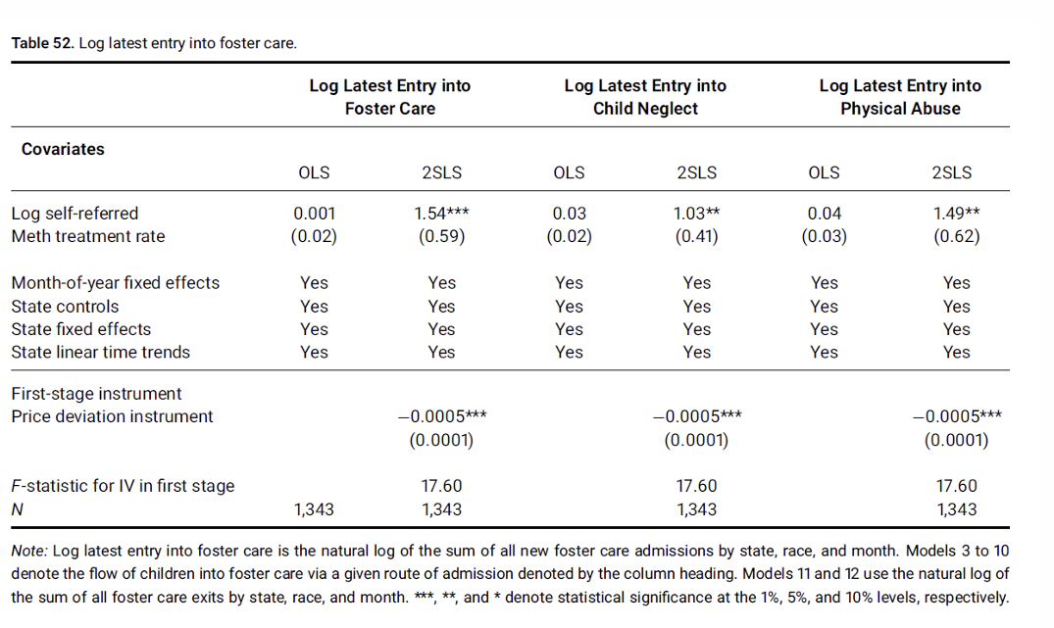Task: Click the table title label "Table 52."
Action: tap(42, 43)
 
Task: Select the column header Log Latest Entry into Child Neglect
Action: tap(645, 97)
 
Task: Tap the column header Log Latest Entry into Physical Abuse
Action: tap(900, 97)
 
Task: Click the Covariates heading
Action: tap(63, 149)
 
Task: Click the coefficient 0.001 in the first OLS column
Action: tap(314, 214)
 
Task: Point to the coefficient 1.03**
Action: tap(696, 214)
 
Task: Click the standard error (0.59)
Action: tap(441, 236)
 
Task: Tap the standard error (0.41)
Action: tap(696, 236)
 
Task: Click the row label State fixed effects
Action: tap(81, 329)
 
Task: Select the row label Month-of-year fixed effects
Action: tap(116, 283)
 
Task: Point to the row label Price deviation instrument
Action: tap(112, 416)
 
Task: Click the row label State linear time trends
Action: tap(101, 353)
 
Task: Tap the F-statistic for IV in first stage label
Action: tap(123, 486)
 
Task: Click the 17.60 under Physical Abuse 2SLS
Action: tap(956, 486)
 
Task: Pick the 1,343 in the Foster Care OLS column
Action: tap(314, 509)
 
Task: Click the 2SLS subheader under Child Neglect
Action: tap(696, 172)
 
